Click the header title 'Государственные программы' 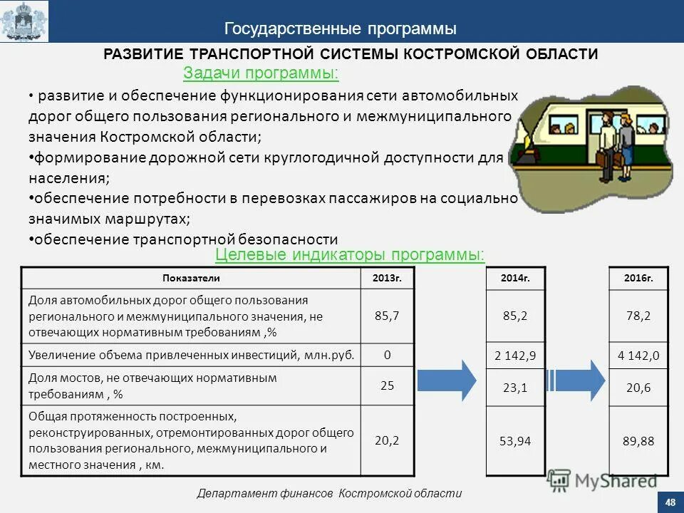tap(341, 28)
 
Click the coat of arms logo tap(24, 21)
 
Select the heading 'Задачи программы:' tap(261, 73)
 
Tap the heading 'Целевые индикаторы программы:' tap(350, 254)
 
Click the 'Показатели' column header tap(192, 278)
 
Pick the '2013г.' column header tap(387, 278)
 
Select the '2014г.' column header tap(515, 278)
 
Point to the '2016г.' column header tap(639, 278)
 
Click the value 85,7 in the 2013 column tap(387, 316)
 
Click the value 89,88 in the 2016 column tap(639, 441)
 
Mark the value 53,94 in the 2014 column tap(515, 441)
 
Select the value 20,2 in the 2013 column tap(387, 440)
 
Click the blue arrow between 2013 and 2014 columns tap(447, 380)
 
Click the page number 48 tap(670, 503)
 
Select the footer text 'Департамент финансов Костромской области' tap(329, 493)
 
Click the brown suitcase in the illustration tap(605, 162)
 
